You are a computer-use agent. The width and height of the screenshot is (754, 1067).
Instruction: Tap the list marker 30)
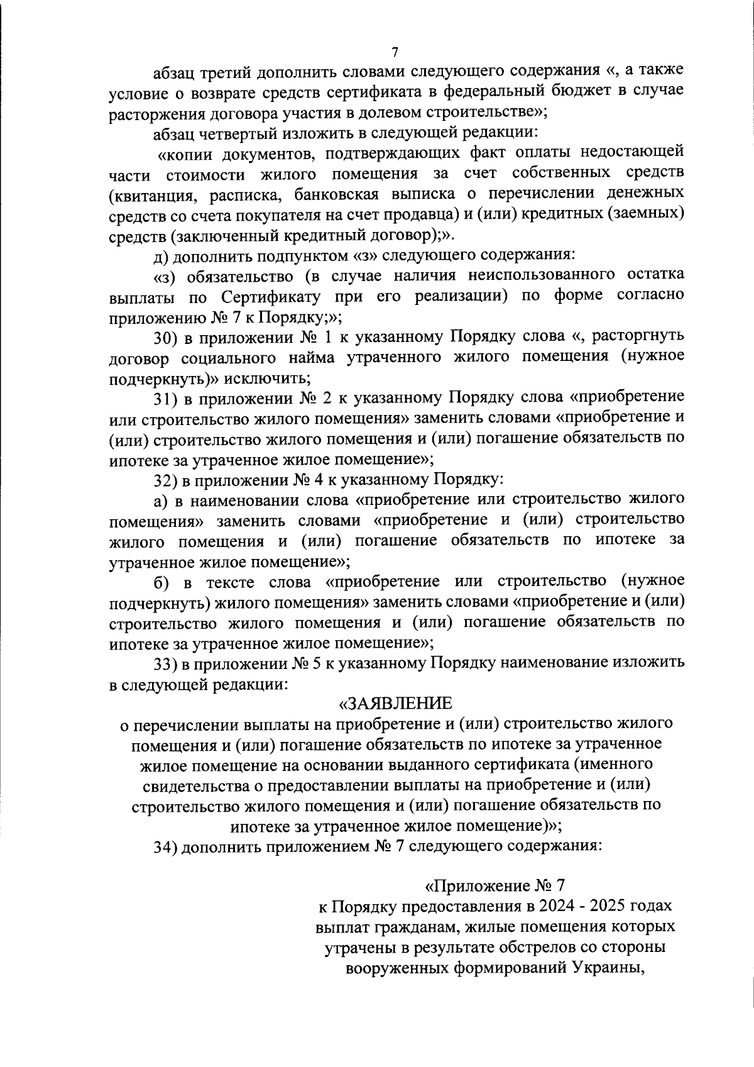[x=167, y=338]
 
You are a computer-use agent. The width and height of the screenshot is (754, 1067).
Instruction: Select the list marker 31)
[x=167, y=399]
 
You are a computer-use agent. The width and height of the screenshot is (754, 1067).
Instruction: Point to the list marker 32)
[x=167, y=480]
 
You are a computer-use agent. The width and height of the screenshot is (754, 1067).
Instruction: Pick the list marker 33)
[x=167, y=663]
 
